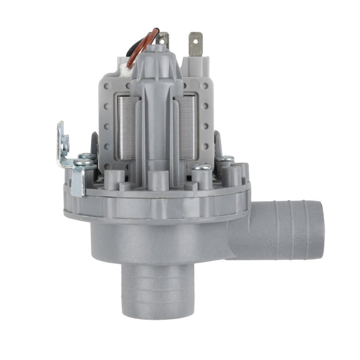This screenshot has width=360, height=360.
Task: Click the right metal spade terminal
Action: click(195, 44)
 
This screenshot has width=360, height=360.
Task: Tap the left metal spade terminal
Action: click(164, 38)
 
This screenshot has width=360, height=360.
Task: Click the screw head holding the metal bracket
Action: click(84, 160)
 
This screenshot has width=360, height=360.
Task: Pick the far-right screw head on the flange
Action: click(225, 159)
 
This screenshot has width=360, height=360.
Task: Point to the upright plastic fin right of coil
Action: click(218, 144)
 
